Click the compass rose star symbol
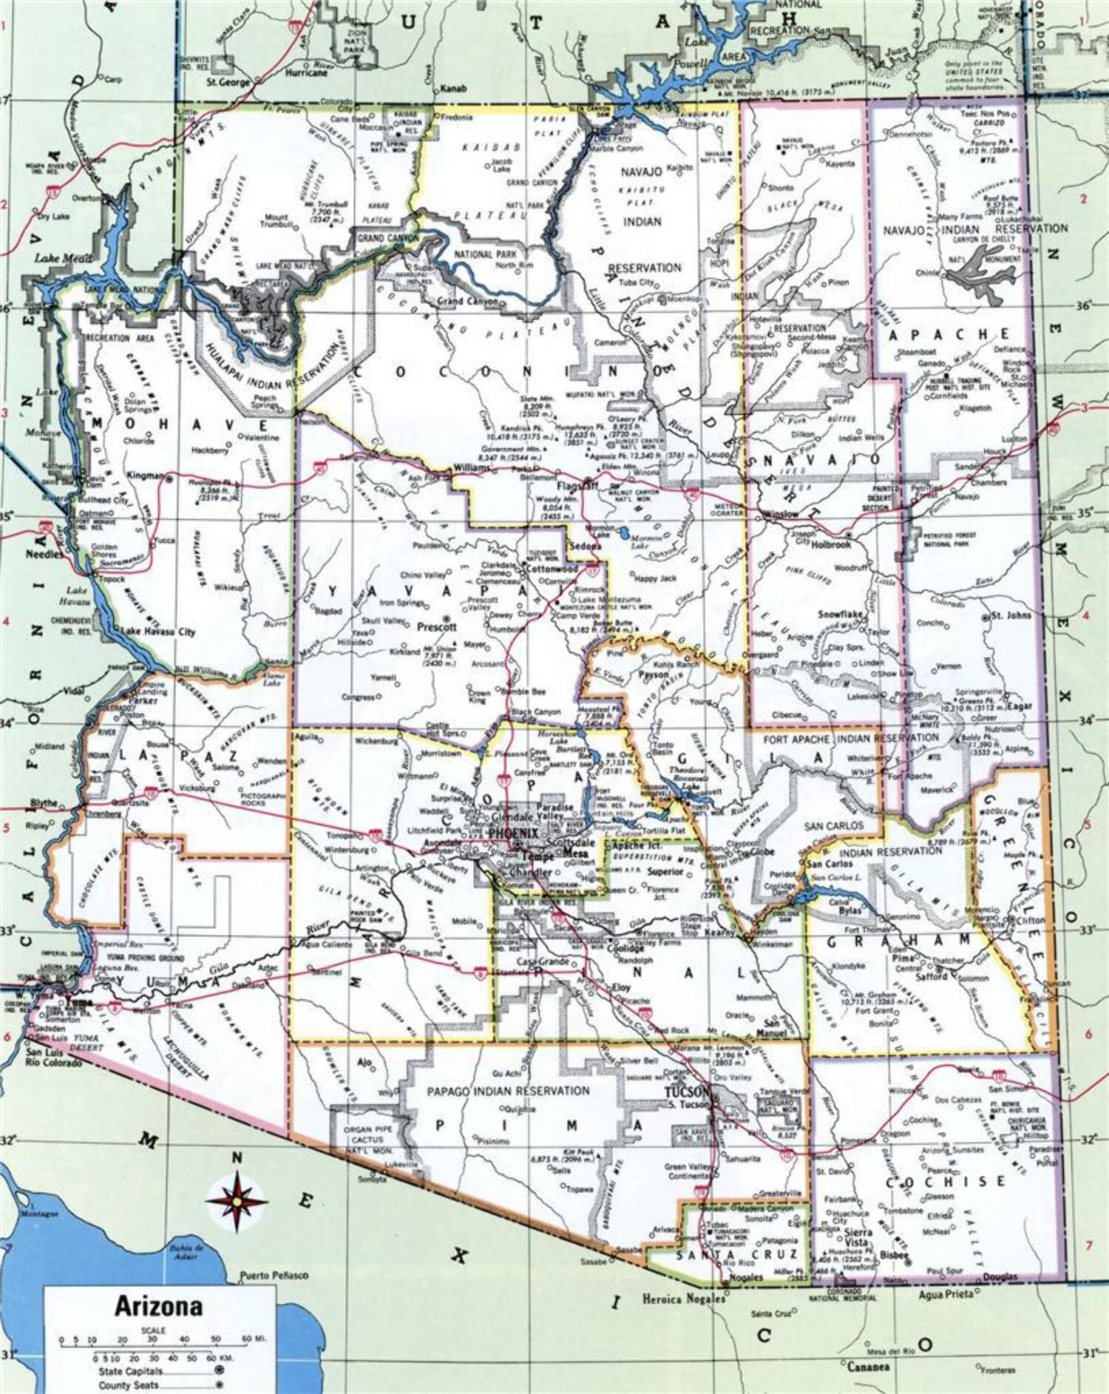click(237, 1200)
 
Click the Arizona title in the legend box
click(158, 1306)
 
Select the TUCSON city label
click(687, 1093)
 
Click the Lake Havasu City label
click(158, 632)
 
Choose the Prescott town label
click(437, 626)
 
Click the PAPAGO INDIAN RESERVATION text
click(508, 1091)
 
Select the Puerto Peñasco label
click(274, 1276)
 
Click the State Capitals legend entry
click(130, 1370)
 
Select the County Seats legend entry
click(129, 1384)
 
